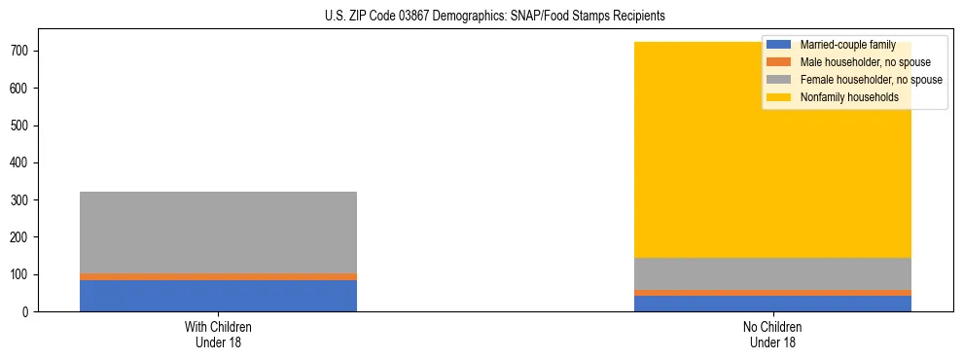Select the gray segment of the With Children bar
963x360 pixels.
[218, 233]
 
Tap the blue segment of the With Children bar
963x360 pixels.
[218, 296]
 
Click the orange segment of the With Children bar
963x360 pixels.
[218, 277]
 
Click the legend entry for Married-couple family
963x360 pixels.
[847, 45]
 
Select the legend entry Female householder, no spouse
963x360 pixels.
[871, 80]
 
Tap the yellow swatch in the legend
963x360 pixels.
[779, 97]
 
